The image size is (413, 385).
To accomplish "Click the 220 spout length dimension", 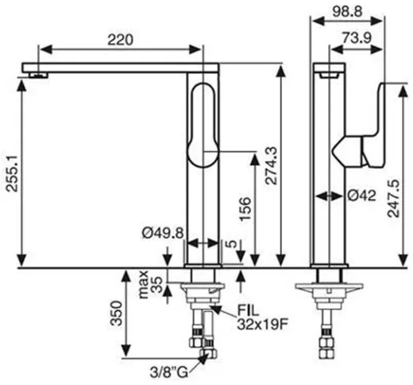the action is [x=120, y=40].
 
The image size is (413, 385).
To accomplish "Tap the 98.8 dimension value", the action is [x=347, y=11].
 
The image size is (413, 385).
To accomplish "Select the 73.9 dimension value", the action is [x=357, y=38].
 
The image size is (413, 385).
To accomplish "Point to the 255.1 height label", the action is [x=12, y=173].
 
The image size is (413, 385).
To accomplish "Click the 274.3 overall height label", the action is [x=272, y=165].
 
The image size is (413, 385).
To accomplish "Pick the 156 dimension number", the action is [x=245, y=209].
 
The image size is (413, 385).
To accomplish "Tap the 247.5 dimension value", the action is [x=394, y=198].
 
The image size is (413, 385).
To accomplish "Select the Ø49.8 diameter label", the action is [x=163, y=233].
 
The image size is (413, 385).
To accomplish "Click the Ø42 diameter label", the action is [x=361, y=196].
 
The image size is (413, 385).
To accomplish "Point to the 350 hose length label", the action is [x=117, y=313].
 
